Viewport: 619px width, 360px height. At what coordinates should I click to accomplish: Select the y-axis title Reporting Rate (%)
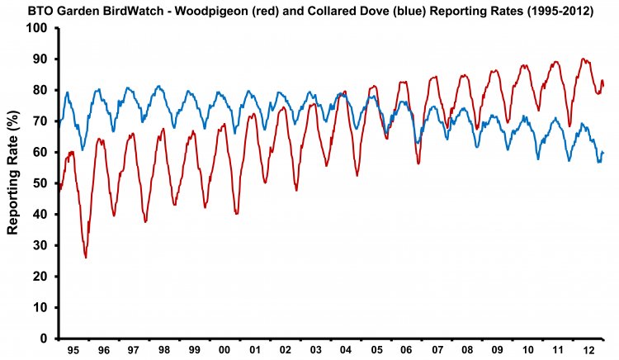[14, 183]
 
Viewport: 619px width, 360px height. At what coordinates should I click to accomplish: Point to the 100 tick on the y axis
[39, 29]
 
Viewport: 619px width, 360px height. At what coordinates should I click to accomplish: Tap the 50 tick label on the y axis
[42, 183]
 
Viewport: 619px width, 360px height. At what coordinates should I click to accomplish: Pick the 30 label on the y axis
[42, 245]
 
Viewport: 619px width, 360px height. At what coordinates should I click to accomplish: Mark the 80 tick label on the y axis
[42, 91]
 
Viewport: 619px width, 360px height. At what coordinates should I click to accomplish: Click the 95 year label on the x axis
[73, 350]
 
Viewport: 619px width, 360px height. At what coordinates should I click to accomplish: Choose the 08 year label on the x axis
[468, 350]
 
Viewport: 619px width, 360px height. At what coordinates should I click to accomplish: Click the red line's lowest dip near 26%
[86, 258]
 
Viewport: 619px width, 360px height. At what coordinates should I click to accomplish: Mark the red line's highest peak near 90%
[583, 59]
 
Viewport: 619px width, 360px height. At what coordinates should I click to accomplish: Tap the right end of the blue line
[604, 153]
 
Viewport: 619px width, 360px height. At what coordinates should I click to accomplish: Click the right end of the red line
[604, 83]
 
